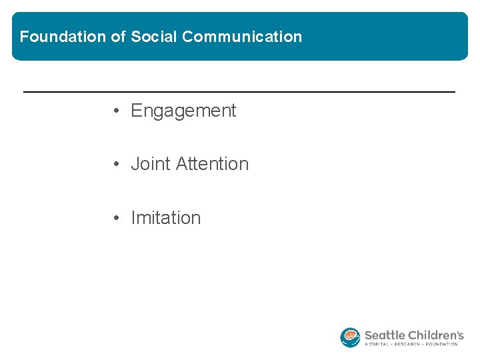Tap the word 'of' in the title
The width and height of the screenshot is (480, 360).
point(119,37)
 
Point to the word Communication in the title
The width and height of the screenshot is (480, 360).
point(242,37)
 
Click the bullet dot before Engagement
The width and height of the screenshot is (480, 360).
point(116,111)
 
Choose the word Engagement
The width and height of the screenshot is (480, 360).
point(183,111)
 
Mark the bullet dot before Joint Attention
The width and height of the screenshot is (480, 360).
point(116,164)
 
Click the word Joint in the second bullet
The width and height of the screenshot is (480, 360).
point(150,164)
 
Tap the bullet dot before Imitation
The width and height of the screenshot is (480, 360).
point(116,218)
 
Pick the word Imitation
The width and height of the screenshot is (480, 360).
point(165,218)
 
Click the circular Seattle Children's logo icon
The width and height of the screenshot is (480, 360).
point(350,337)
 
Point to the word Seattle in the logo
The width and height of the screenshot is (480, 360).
point(386,335)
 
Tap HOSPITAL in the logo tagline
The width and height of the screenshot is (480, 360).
point(378,345)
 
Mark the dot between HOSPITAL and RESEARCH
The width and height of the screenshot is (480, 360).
point(394,345)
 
